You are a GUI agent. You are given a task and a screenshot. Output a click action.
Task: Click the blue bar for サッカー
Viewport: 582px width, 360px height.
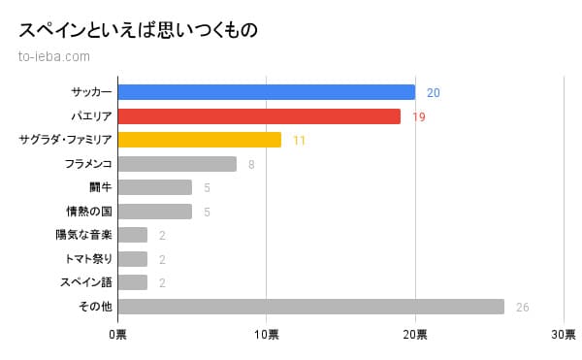coord(266,92)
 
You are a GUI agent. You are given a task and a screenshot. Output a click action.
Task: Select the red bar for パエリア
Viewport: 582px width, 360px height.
coord(259,116)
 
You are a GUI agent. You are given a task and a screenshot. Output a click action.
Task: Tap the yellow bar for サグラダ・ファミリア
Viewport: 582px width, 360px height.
coord(199,140)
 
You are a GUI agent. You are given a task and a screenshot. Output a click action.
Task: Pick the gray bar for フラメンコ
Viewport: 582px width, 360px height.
coord(177,164)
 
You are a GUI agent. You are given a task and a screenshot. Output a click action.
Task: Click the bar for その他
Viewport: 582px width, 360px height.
coord(310,307)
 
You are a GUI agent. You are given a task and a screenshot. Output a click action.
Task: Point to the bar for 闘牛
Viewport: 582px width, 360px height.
coord(154,187)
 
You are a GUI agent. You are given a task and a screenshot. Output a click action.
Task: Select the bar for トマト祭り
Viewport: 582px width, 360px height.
coord(132,259)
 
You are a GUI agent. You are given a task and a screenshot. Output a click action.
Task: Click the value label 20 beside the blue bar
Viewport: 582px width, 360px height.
coord(434,93)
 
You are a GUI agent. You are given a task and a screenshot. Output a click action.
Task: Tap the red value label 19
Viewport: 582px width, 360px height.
coord(419,116)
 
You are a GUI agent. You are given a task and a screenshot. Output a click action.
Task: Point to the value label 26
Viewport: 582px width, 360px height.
coord(523,307)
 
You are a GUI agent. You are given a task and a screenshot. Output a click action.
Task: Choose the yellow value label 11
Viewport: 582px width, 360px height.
coord(299,141)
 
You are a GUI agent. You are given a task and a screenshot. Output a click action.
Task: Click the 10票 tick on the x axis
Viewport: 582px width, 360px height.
coord(266,335)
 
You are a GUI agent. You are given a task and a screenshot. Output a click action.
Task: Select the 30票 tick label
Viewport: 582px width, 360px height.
coord(564,335)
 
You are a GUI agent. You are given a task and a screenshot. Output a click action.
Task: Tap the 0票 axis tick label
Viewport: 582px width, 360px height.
coord(117,335)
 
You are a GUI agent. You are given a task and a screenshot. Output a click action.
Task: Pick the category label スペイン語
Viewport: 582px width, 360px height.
coord(86,282)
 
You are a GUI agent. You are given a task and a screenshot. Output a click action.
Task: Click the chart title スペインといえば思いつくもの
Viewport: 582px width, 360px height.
coord(138,30)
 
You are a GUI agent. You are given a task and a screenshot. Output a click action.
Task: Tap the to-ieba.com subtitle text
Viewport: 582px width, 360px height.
coord(54,55)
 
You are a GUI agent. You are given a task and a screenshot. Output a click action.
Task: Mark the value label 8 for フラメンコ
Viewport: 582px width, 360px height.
coord(251,164)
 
